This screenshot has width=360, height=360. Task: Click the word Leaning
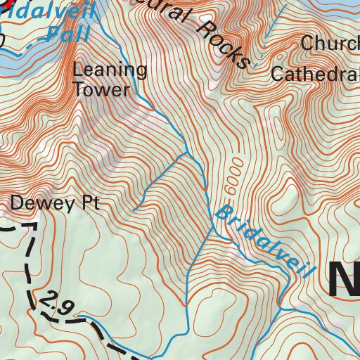(110, 70)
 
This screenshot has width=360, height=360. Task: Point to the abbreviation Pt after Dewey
(89, 204)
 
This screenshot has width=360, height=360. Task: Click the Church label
(329, 44)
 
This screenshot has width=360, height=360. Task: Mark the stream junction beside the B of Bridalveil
(212, 227)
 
